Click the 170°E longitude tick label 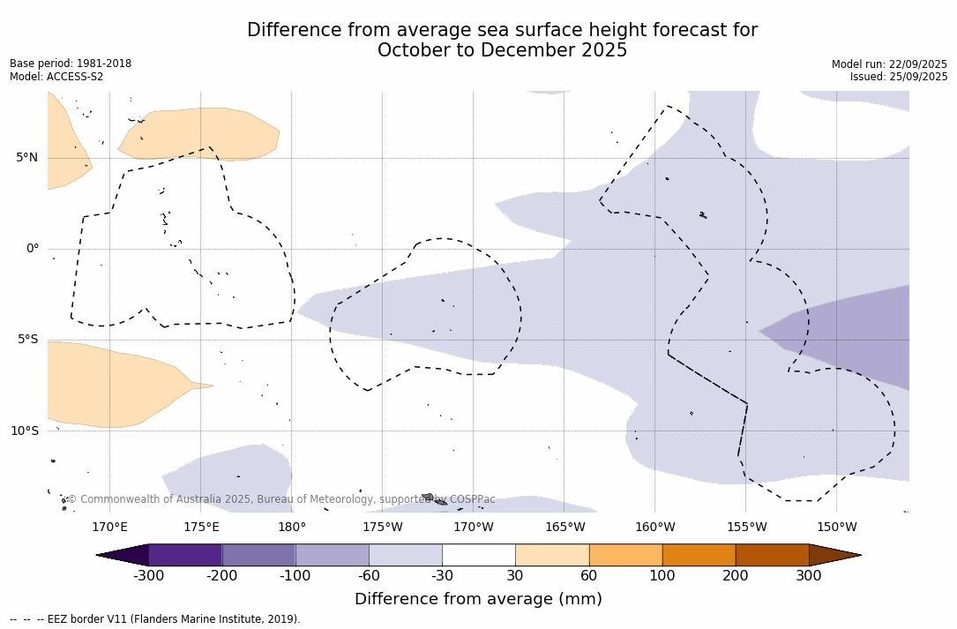[x=109, y=528]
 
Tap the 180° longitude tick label [x=292, y=528]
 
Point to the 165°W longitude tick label [x=564, y=528]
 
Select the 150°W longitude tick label [x=836, y=528]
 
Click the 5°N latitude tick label [x=26, y=158]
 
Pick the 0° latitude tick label [x=33, y=249]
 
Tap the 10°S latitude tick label [x=24, y=431]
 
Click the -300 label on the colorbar [x=149, y=576]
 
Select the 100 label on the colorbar [x=662, y=576]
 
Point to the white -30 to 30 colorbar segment [x=479, y=555]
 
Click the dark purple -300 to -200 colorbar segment [x=185, y=555]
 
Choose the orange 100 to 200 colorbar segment [x=699, y=555]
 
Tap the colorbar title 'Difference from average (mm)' [x=478, y=599]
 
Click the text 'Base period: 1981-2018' [x=71, y=64]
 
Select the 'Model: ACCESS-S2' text [x=56, y=77]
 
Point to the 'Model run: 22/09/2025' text [x=889, y=64]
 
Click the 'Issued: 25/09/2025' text [x=899, y=77]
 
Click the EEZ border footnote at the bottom [x=155, y=619]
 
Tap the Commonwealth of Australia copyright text [x=281, y=499]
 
